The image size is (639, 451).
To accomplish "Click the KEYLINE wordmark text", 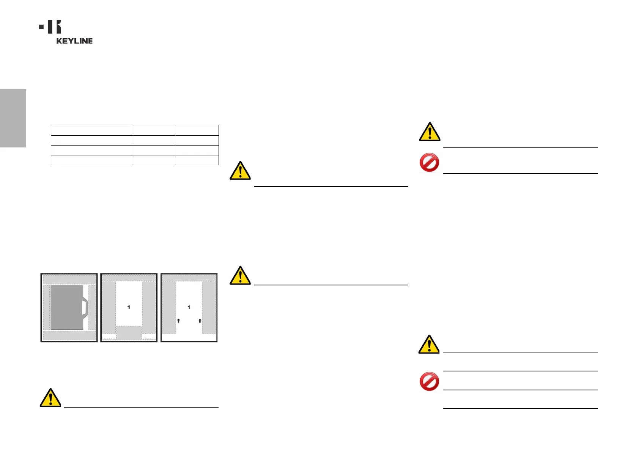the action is (x=74, y=41).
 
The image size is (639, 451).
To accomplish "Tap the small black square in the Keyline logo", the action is (x=41, y=27).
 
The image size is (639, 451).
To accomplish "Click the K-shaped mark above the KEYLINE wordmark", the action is (x=55, y=27).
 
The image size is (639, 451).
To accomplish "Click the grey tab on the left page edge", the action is (x=13, y=118).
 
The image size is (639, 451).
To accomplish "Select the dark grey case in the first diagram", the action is (x=66, y=307).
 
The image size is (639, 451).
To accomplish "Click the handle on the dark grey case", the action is (x=85, y=307).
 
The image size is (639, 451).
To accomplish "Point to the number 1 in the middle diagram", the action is (x=129, y=307).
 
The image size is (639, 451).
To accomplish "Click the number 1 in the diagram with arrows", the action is (x=189, y=307).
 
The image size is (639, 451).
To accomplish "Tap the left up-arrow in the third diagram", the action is (x=178, y=321).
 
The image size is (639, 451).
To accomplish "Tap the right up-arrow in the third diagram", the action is (x=200, y=321).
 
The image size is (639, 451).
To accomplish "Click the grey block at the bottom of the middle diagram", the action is (x=129, y=332).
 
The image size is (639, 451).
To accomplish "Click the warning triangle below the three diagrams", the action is (x=50, y=398).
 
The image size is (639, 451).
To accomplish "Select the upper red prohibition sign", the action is (x=429, y=163).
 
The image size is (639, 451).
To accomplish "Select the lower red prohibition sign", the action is (x=429, y=381).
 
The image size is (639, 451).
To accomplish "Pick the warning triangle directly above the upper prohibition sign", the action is (x=430, y=132).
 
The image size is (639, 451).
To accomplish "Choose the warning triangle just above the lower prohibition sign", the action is (x=429, y=345).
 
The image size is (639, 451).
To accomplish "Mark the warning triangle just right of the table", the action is (x=240, y=171).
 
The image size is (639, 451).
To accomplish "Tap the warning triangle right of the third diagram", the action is (x=240, y=276).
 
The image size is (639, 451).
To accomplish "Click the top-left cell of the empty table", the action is (x=92, y=130).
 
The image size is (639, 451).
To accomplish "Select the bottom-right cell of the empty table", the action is (x=197, y=160).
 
